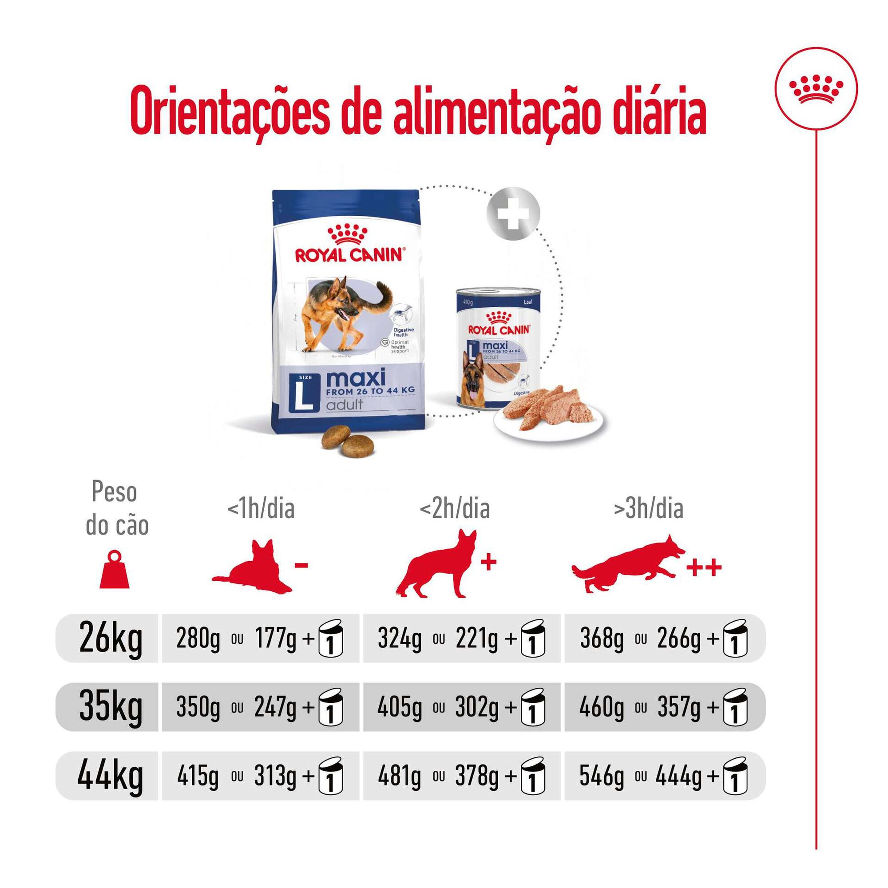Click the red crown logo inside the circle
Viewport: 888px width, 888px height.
816,88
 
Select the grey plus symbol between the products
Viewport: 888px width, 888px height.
513,213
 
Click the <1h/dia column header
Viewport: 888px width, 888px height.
261,509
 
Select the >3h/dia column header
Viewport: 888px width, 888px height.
648,509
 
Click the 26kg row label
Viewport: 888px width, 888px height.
111,638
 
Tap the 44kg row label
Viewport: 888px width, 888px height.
110,776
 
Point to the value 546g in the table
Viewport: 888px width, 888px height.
601,776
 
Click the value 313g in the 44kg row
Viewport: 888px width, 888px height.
275,776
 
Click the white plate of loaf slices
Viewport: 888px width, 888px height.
549,418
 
